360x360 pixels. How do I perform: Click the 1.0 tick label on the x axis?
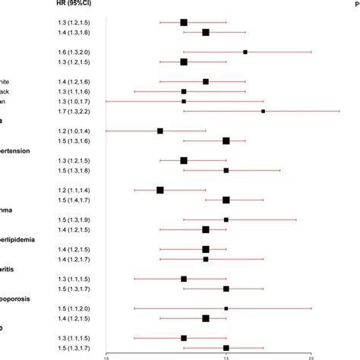106,355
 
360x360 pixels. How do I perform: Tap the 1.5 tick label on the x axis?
226,355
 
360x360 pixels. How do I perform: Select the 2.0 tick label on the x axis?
311,355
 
